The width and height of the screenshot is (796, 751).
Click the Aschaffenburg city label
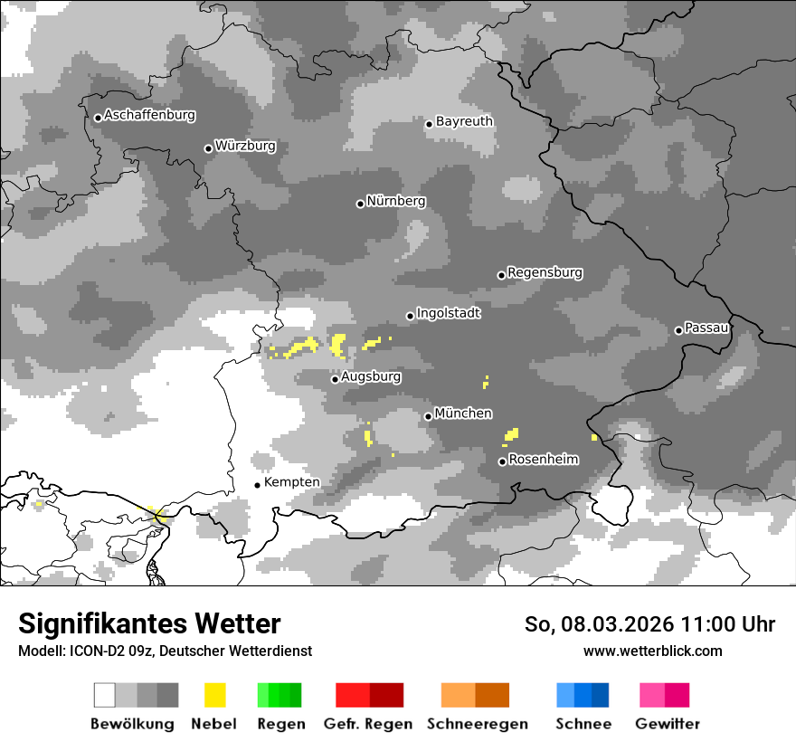(149, 115)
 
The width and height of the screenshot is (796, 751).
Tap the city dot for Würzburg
(208, 148)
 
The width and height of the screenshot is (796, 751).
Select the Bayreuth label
(464, 121)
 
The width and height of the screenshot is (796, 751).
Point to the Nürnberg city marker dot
(360, 204)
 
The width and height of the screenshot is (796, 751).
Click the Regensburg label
(545, 272)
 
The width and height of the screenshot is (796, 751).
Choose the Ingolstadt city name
(449, 313)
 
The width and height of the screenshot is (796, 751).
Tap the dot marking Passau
(678, 330)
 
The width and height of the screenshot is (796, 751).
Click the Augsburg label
(371, 376)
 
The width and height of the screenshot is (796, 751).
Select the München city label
(463, 414)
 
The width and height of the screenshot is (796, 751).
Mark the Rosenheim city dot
(502, 462)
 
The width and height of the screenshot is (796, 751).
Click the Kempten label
(291, 482)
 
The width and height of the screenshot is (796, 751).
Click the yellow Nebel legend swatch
(214, 695)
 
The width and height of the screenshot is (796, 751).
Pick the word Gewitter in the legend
(667, 724)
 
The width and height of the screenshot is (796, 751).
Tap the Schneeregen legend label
(477, 724)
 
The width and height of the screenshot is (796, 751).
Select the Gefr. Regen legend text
(368, 724)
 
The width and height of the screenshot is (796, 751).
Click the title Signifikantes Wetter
(149, 623)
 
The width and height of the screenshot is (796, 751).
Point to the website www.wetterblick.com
(652, 651)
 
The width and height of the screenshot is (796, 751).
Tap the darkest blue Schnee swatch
(601, 695)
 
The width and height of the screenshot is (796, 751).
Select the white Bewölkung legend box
(105, 695)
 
